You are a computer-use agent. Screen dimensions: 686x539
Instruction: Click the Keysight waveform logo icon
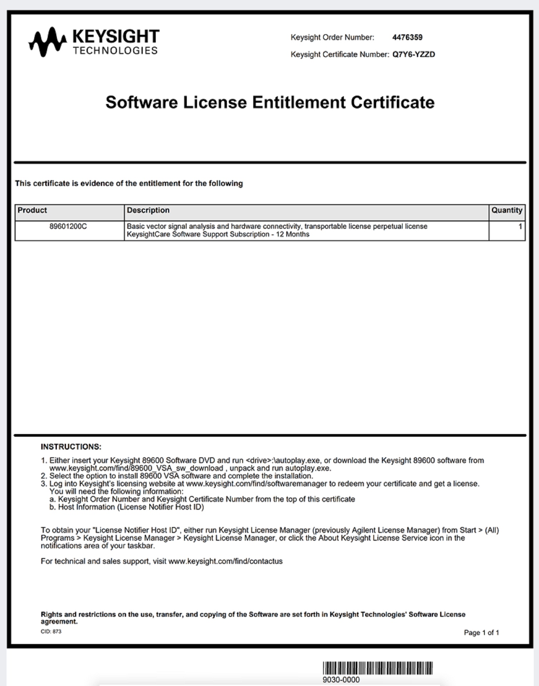click(x=48, y=41)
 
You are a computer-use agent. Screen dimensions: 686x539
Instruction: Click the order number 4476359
click(x=407, y=38)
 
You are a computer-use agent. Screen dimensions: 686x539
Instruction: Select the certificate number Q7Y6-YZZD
click(x=414, y=55)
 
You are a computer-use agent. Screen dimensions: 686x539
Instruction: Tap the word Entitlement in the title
click(x=299, y=103)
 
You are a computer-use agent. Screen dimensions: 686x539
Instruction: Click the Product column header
click(x=33, y=210)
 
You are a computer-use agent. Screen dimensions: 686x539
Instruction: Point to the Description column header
click(x=148, y=210)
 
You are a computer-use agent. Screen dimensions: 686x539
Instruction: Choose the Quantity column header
click(x=506, y=210)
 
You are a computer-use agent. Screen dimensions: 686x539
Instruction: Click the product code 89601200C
click(x=68, y=227)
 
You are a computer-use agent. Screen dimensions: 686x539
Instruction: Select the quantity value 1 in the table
click(x=520, y=227)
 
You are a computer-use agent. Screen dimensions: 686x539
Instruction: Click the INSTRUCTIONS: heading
click(x=71, y=447)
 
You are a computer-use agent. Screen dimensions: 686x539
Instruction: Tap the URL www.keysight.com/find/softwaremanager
click(x=256, y=484)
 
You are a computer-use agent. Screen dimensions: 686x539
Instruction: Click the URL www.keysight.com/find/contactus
click(x=225, y=561)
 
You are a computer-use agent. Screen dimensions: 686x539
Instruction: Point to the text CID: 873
click(x=51, y=632)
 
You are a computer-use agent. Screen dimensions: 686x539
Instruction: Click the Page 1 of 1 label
click(x=481, y=633)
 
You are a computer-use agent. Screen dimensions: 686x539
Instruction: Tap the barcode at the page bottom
click(x=377, y=668)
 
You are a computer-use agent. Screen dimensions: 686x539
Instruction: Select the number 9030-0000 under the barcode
click(x=341, y=680)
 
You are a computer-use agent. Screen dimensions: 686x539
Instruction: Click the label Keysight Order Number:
click(x=332, y=38)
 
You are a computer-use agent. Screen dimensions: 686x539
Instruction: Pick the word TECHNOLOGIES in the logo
click(x=115, y=51)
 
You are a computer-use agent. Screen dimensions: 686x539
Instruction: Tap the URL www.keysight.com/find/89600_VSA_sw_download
click(x=136, y=468)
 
